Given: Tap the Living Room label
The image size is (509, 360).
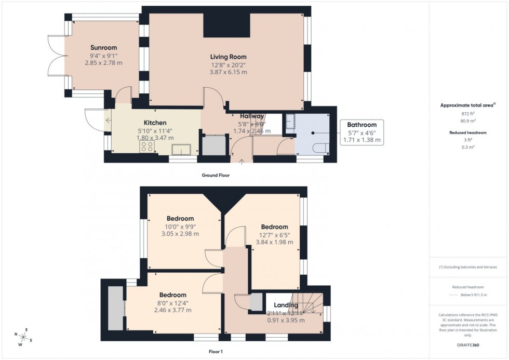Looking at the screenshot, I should (x=228, y=57).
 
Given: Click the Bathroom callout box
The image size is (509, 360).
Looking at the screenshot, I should (x=361, y=132).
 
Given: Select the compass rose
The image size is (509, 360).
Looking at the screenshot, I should (x=24, y=337).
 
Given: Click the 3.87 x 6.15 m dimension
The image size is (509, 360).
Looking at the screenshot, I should (x=228, y=72).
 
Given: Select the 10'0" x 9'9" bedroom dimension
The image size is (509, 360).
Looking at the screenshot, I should (x=180, y=226).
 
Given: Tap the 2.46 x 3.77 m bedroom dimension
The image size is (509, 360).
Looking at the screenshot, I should (x=172, y=310).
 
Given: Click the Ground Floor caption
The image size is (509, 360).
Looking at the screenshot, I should (x=215, y=176).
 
